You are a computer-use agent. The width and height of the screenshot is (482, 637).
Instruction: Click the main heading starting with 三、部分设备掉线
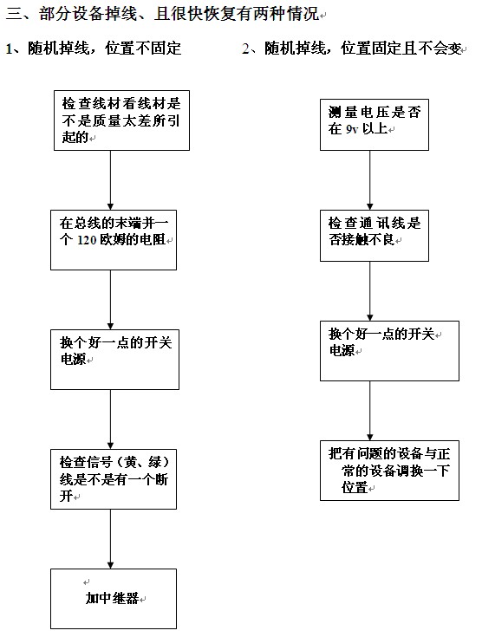tap(163, 14)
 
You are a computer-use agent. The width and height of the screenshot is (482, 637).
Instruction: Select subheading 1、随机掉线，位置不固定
tap(94, 49)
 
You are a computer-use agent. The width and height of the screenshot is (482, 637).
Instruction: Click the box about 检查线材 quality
tap(122, 120)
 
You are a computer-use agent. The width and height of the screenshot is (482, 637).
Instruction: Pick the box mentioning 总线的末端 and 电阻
tap(114, 240)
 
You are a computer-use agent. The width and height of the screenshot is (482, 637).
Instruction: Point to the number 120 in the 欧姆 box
tap(87, 240)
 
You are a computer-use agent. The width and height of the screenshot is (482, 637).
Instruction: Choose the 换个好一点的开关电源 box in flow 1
tap(114, 360)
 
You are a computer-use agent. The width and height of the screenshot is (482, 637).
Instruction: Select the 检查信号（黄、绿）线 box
tap(114, 479)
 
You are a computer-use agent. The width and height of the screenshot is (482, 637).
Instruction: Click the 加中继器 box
tap(114, 599)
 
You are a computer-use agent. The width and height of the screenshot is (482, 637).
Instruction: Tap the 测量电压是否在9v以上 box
tap(375, 125)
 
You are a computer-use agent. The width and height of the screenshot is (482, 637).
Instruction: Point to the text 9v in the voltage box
tap(352, 129)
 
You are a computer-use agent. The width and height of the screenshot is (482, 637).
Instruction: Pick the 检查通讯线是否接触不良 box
tap(375, 236)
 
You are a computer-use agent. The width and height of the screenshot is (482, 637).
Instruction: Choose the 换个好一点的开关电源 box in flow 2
tap(390, 351)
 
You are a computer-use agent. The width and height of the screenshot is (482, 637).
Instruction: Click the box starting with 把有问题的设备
tap(390, 471)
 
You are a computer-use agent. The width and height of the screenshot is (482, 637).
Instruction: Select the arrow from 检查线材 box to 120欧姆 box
tap(110, 180)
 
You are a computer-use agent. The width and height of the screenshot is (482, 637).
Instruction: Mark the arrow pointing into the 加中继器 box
tap(110, 539)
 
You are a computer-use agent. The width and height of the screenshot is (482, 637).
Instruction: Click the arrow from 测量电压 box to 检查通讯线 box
tap(370, 180)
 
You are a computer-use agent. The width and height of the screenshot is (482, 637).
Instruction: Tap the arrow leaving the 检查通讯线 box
tap(370, 291)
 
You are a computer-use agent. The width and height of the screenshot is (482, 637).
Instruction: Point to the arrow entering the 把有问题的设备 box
tap(370, 411)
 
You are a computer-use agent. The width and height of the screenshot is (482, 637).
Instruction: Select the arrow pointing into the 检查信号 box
tap(110, 419)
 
